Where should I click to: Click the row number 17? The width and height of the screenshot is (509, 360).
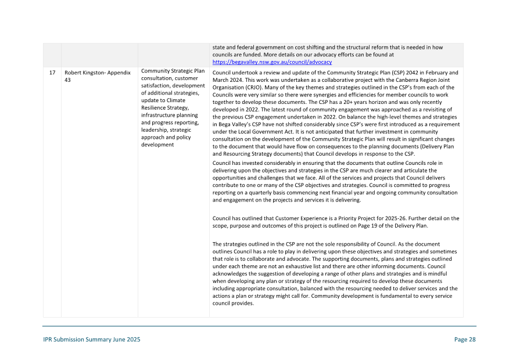tap(52, 73)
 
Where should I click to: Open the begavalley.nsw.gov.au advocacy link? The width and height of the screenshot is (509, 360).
tap(272, 62)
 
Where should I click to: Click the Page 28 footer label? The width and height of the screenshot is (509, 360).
tap(465, 340)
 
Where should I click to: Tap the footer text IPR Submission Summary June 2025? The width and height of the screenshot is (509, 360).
tap(91, 340)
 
